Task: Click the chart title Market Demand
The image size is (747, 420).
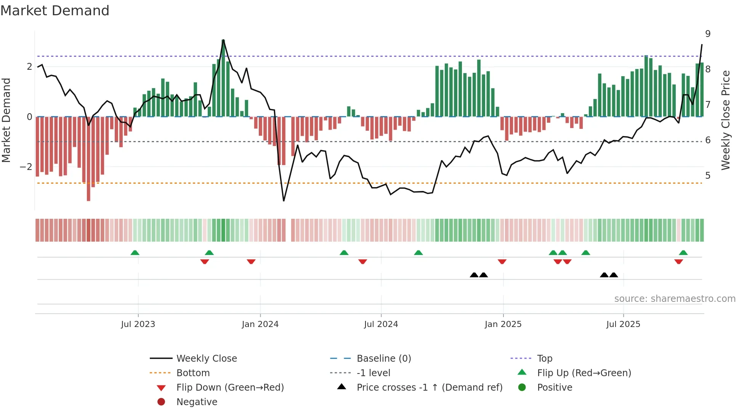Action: point(55,11)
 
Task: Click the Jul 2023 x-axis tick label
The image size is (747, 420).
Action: point(138,324)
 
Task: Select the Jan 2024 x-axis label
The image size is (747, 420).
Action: point(260,324)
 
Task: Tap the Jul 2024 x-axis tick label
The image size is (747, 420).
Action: point(381,324)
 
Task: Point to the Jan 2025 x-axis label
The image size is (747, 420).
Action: point(503,324)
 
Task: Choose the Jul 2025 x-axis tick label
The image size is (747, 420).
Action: point(623,324)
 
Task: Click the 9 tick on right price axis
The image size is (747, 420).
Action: point(708,34)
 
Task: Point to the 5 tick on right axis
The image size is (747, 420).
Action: point(708,176)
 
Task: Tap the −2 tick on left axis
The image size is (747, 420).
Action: point(26,167)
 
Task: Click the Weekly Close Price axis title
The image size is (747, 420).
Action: point(726,120)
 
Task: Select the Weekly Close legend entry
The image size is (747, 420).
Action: point(206,359)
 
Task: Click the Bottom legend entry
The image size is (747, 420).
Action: point(193,373)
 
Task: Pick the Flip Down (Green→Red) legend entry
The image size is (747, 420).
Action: point(230,388)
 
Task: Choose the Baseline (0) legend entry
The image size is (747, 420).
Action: point(383,359)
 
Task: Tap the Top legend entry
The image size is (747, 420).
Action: point(544,359)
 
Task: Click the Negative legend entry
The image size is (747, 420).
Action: point(197,402)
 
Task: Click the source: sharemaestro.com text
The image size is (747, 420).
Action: point(675,299)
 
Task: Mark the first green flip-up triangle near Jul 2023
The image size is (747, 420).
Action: point(135,253)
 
